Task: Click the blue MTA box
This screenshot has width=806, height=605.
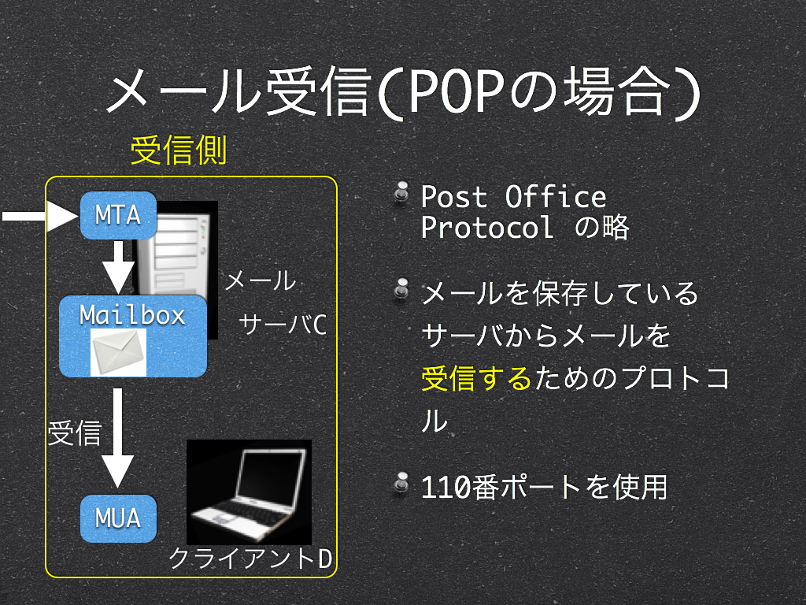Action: tap(118, 215)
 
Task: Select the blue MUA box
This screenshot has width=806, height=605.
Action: tap(118, 518)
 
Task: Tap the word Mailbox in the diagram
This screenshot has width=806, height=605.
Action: tap(132, 315)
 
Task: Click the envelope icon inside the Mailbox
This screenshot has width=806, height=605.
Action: tap(118, 352)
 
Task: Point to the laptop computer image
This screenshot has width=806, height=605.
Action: tap(249, 492)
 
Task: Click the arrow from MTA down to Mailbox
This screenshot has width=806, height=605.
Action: tap(118, 268)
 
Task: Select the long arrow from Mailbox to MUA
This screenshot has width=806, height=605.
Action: tap(118, 438)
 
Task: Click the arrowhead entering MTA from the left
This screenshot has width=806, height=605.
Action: tap(63, 216)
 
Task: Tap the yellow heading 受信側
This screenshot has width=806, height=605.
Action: tap(179, 150)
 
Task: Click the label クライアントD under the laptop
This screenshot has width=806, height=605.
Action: tap(250, 559)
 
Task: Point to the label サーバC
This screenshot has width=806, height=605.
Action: tap(283, 325)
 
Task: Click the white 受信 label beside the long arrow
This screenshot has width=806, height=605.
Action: tap(75, 432)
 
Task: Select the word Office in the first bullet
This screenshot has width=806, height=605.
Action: tap(556, 197)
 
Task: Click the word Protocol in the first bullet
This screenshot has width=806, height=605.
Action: tap(487, 228)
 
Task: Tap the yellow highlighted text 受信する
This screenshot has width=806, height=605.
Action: tap(476, 378)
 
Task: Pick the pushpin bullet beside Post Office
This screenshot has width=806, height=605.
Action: tap(401, 192)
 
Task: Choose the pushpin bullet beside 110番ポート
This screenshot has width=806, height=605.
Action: tap(401, 483)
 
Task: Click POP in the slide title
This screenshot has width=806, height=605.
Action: tap(456, 91)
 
